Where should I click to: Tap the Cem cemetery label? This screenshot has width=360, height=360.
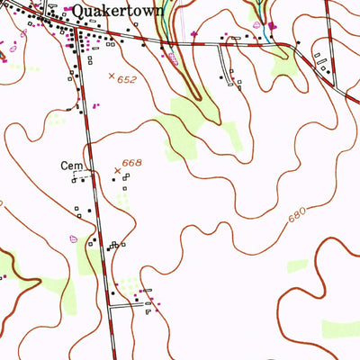[71, 166]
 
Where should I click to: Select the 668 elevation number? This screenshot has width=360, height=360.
[133, 162]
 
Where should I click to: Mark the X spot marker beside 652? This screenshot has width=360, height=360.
[112, 77]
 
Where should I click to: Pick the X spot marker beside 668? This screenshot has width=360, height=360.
[117, 170]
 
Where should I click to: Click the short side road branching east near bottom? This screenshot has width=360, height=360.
[130, 306]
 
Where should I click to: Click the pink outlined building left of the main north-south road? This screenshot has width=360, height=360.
[73, 238]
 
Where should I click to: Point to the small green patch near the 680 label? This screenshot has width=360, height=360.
[297, 265]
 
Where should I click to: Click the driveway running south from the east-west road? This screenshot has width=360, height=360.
[224, 63]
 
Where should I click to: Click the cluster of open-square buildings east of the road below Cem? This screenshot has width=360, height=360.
[115, 245]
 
